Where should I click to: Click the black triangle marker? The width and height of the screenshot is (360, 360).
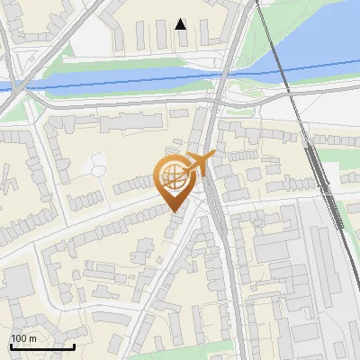[x=181, y=23]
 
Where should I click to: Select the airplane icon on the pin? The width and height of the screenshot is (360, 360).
[x=200, y=164]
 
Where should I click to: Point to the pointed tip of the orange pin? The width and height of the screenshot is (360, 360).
[x=174, y=211]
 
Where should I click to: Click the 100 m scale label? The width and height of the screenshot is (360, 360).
[x=23, y=338]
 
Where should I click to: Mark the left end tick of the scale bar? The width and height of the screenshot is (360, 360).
[x=12, y=345]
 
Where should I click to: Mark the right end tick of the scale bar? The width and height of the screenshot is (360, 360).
[x=74, y=345]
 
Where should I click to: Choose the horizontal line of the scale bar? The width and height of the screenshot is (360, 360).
[x=42, y=346]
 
